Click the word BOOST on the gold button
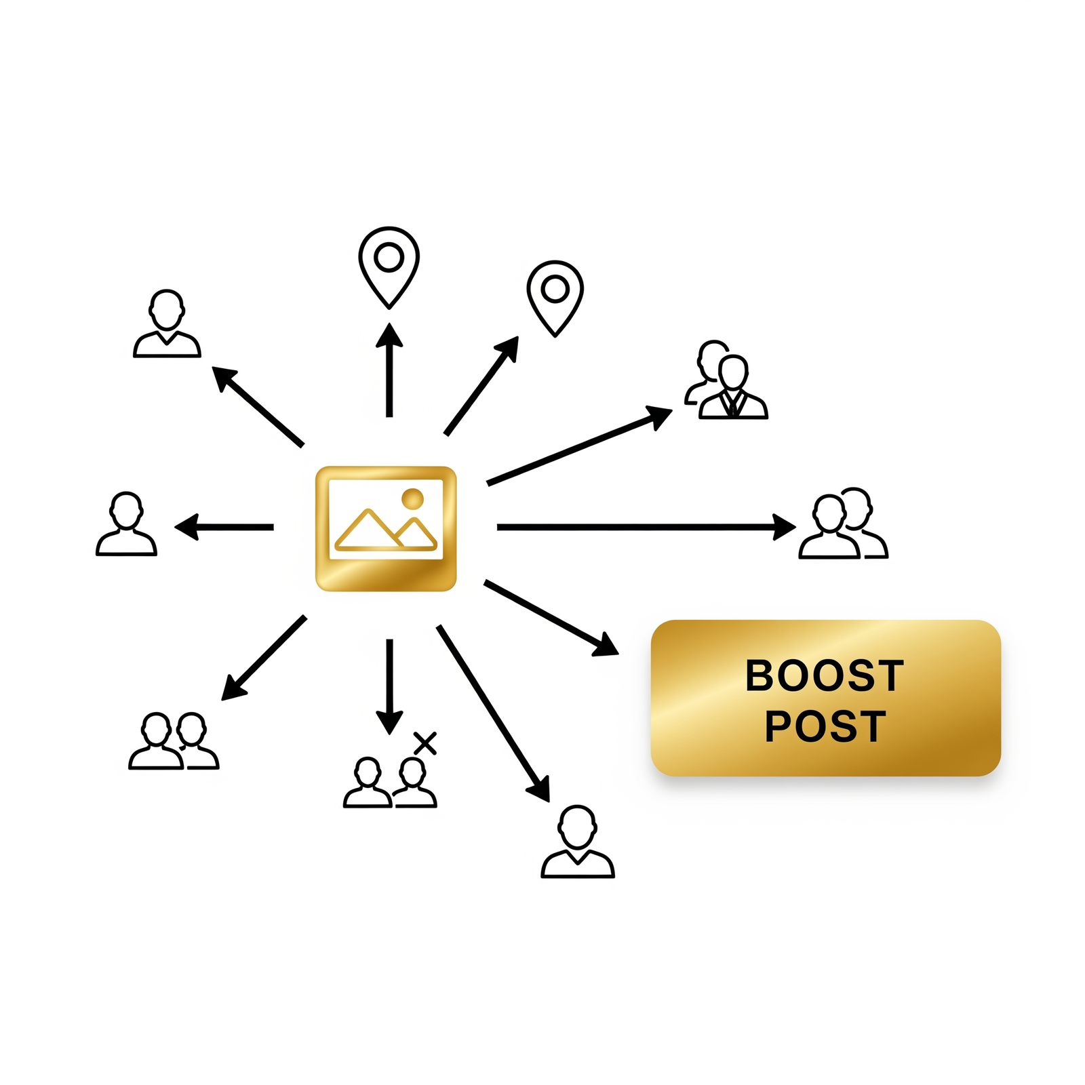coord(825,675)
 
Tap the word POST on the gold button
coord(825,726)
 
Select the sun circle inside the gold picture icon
coord(412,498)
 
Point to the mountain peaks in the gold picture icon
coord(386,530)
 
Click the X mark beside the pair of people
coord(425,743)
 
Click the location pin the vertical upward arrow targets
coord(389,267)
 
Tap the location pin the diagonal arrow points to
coord(555,298)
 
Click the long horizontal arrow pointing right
coord(646,527)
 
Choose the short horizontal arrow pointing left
coord(224,527)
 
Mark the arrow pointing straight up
coord(389,370)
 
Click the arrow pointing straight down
coord(389,687)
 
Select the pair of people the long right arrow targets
coord(844,523)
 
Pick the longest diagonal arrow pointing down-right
coord(493,713)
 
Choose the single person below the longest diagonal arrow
coord(578,842)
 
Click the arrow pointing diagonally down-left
coord(264,658)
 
